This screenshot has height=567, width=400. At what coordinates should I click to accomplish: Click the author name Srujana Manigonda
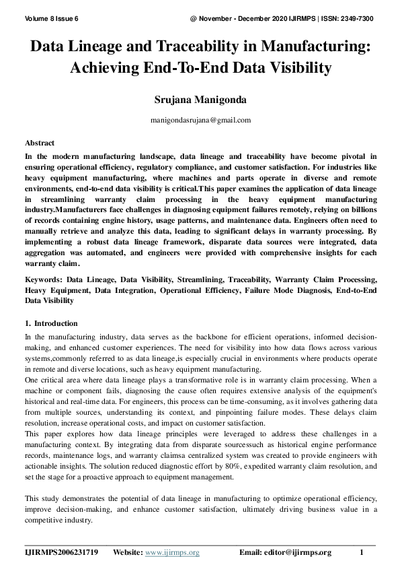tap(200, 100)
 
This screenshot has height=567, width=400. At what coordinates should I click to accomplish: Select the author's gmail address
tap(200, 120)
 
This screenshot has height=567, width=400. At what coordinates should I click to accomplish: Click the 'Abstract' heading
tap(40, 143)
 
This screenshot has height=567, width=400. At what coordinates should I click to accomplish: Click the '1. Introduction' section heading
tap(51, 323)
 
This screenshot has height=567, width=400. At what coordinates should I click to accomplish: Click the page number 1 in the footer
tap(362, 553)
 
